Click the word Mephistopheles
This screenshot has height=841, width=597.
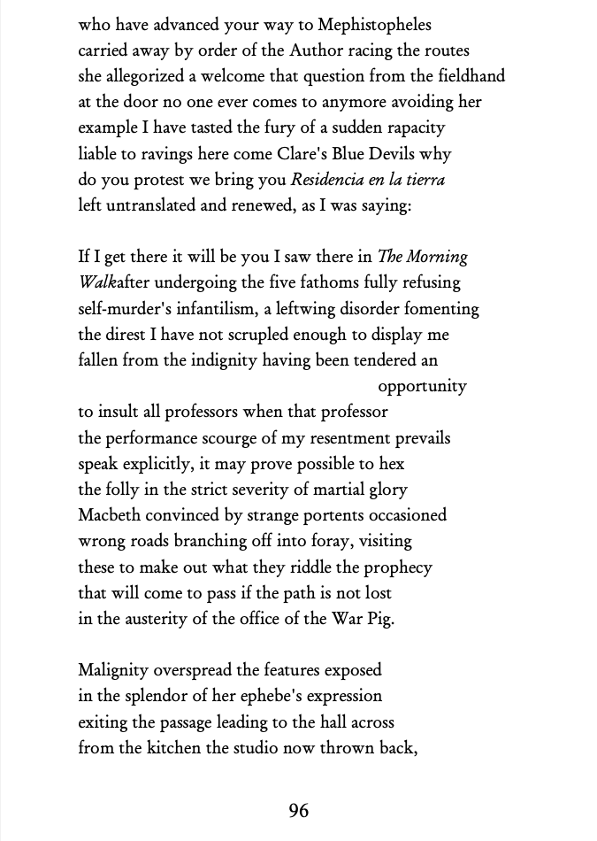tap(374, 26)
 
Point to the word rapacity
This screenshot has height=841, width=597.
tap(413, 128)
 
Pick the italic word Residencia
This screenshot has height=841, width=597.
tap(335, 180)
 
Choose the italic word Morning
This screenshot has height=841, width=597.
tap(436, 258)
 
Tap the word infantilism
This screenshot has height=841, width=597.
tap(230, 309)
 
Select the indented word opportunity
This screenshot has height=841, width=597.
tap(422, 387)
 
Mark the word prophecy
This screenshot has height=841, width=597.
tap(397, 567)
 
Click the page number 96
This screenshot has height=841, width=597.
tap(299, 810)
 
